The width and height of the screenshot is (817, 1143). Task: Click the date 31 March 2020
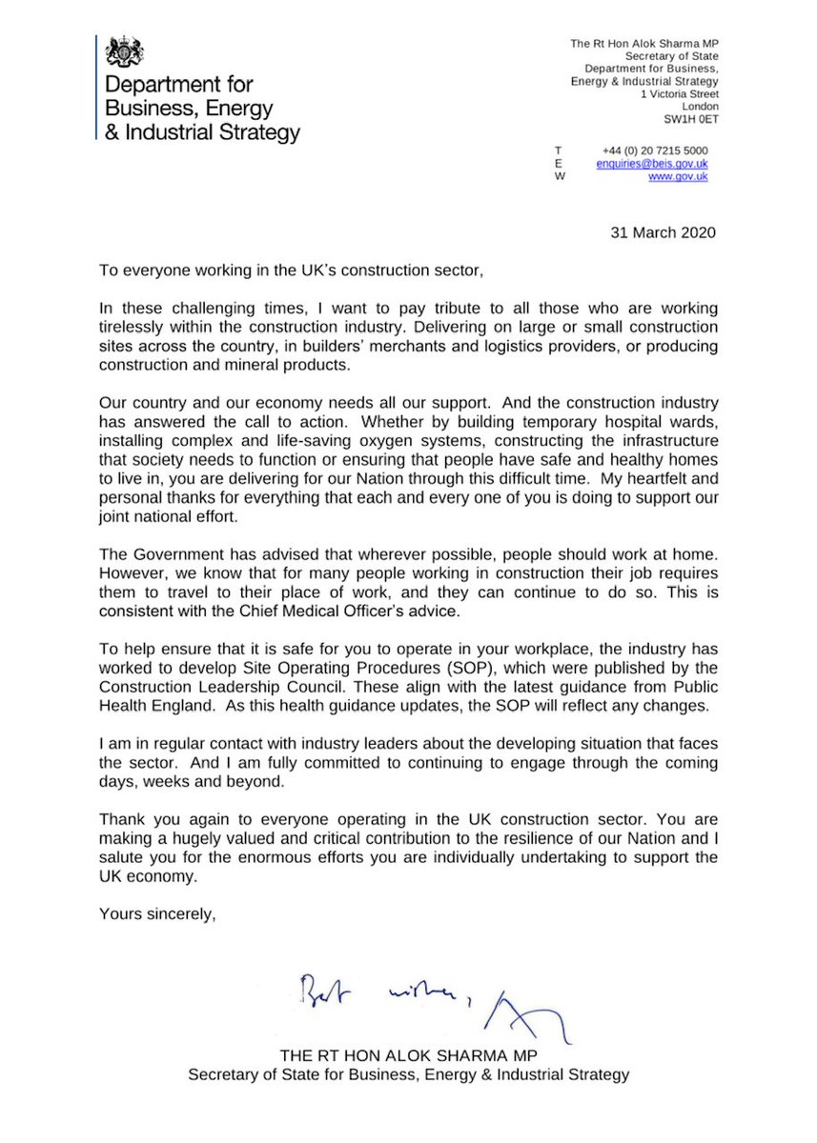[660, 231]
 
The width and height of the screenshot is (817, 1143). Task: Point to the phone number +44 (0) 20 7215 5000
[655, 150]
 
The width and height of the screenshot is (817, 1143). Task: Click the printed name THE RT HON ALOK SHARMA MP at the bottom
[408, 1056]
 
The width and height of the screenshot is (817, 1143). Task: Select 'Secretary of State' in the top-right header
[665, 57]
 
